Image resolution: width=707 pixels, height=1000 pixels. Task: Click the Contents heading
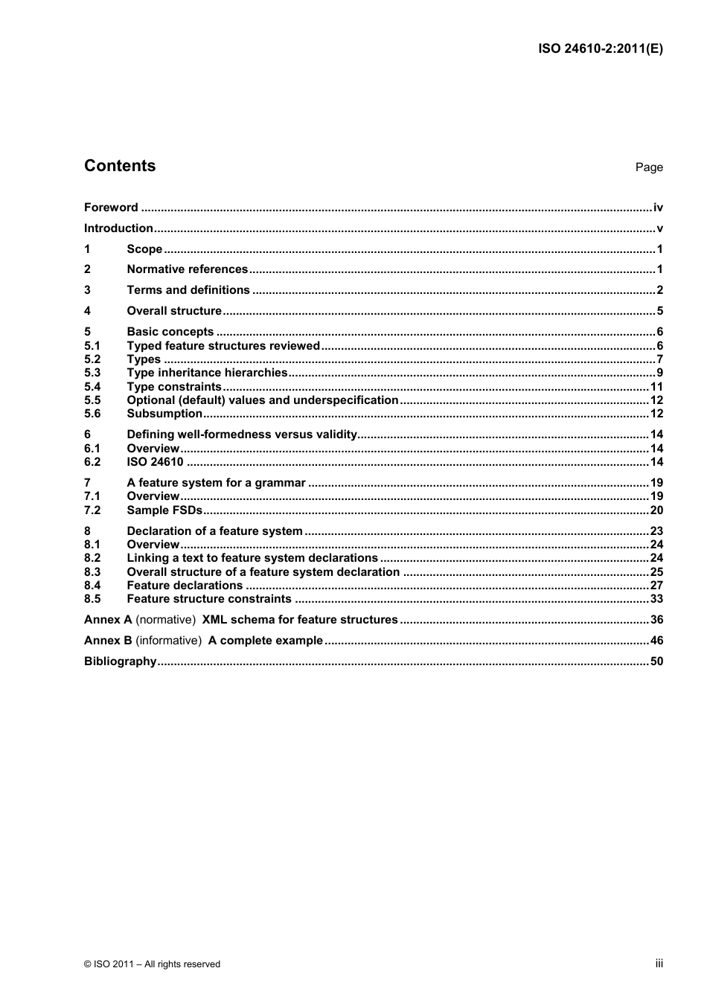(120, 166)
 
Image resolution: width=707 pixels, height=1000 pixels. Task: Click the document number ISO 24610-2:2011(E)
(600, 49)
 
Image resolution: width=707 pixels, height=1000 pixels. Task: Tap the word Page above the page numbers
(648, 167)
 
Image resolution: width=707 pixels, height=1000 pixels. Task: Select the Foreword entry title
(111, 208)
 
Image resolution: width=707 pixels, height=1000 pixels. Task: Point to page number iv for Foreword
(658, 208)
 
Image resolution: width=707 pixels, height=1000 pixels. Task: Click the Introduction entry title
(118, 228)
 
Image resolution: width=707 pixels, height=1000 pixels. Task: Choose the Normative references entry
(187, 269)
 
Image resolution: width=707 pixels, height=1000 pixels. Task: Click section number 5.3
(92, 373)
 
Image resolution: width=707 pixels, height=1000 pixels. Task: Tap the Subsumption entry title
(164, 414)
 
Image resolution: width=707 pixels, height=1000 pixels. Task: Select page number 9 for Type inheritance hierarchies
(659, 373)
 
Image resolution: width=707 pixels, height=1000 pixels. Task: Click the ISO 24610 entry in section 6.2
(155, 462)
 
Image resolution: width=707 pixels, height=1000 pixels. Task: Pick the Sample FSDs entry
(164, 510)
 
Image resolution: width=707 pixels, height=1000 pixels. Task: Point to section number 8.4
(92, 586)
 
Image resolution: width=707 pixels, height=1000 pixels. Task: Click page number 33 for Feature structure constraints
(656, 599)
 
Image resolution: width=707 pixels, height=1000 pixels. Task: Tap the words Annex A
(108, 620)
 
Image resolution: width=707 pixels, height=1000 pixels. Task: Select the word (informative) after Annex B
(168, 641)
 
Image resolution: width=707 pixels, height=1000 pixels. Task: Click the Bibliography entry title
(120, 661)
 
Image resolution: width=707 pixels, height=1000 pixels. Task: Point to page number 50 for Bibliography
(656, 661)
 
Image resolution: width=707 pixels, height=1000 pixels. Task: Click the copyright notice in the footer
(152, 964)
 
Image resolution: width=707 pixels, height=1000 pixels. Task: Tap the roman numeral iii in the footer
(659, 964)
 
